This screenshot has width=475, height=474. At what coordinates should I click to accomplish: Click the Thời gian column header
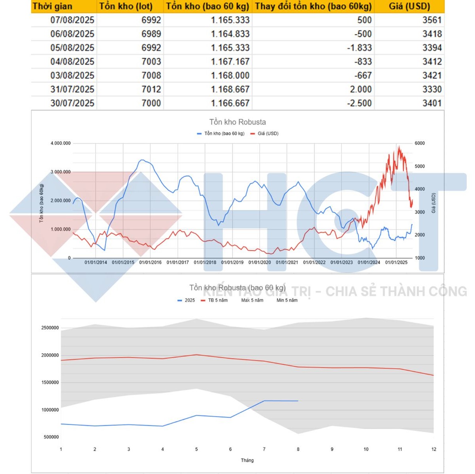(x=53, y=6)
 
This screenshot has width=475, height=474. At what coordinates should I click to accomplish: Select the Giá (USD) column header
(x=409, y=6)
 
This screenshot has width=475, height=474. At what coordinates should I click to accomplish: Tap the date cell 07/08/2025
(x=72, y=20)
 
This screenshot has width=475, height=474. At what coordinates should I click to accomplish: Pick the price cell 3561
(x=432, y=20)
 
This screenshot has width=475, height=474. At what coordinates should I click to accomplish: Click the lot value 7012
(x=151, y=89)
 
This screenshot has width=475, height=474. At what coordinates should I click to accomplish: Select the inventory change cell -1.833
(x=359, y=48)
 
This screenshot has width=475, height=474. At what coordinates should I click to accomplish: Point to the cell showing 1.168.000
(x=230, y=75)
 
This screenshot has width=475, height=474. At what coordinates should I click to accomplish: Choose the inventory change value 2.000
(x=361, y=89)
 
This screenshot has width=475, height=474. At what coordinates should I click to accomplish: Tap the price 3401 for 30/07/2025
(x=432, y=103)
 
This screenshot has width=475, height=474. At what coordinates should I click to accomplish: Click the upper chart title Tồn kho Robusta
(x=237, y=122)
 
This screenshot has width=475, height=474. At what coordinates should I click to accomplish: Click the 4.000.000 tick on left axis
(x=60, y=143)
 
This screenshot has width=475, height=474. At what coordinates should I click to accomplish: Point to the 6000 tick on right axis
(x=420, y=143)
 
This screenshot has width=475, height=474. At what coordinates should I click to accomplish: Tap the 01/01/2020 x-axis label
(x=260, y=262)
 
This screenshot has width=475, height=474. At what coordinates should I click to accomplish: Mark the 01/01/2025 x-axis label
(x=396, y=262)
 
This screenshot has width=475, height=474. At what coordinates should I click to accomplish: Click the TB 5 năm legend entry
(x=218, y=300)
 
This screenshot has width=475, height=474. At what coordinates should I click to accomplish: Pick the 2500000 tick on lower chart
(x=50, y=328)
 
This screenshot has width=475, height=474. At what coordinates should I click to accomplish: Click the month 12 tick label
(x=434, y=449)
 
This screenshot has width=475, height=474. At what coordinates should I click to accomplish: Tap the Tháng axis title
(x=247, y=460)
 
